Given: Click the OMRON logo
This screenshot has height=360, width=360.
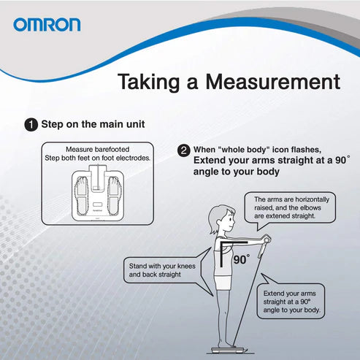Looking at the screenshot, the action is pos(47,25).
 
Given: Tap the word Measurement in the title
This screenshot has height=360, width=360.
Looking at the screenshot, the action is pos(273,82).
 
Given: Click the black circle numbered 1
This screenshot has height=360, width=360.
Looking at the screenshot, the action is pos(31,125).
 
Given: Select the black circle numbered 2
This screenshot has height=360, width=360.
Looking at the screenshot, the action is pos(184,150).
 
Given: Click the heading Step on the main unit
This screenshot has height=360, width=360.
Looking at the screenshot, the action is pos(93,124).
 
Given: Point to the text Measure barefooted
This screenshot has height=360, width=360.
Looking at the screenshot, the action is pos(98,149).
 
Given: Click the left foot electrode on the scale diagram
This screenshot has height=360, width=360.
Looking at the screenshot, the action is pos(81,196).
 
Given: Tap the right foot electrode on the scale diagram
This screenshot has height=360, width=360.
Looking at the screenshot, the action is pos(113,196).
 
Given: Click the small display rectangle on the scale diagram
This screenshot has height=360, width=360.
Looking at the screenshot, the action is pos(97,204).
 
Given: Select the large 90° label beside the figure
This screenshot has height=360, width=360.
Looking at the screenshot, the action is pos(242,259).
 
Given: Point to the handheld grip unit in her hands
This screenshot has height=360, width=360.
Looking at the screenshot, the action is pos(264,245).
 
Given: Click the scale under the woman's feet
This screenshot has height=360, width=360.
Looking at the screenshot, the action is pos(228,351).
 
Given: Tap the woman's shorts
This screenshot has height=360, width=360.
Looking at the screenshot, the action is pos(222,283).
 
